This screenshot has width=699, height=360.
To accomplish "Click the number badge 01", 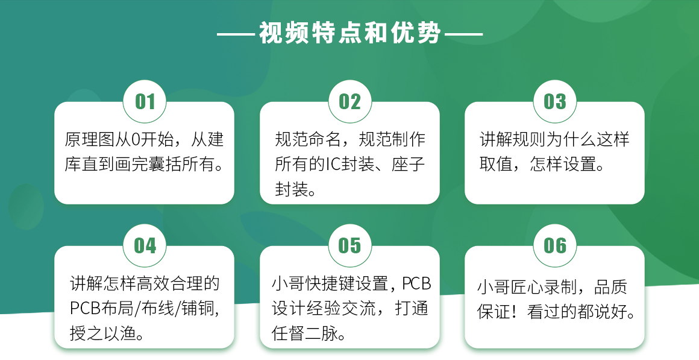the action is pyautogui.click(x=145, y=102).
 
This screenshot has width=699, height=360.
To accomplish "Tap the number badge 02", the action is pyautogui.click(x=350, y=102).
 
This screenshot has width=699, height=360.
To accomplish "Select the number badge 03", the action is pyautogui.click(x=555, y=102).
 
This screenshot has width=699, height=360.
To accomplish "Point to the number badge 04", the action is pyautogui.click(x=145, y=246).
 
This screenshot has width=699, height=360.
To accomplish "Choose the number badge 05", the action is pyautogui.click(x=350, y=246).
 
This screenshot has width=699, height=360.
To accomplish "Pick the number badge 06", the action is pyautogui.click(x=555, y=246).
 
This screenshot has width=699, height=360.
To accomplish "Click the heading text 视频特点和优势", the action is pyautogui.click(x=350, y=33).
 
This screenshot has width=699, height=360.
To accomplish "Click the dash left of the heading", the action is pyautogui.click(x=236, y=34).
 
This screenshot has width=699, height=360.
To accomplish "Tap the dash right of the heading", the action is pyautogui.click(x=463, y=34).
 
